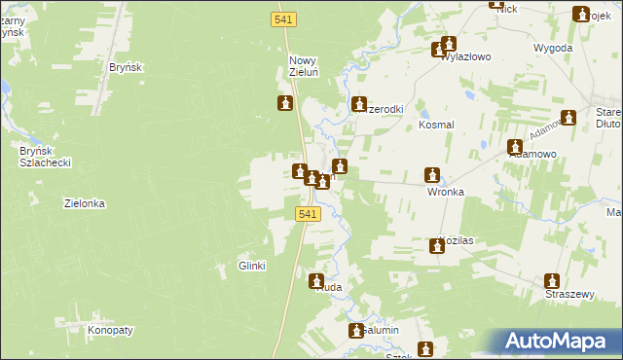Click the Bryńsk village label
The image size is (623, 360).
point(127,67)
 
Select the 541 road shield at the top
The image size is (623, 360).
point(283,18)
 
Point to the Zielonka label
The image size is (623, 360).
point(84,204)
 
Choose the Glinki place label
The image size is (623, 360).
point(252,266)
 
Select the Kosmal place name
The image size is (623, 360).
point(436,126)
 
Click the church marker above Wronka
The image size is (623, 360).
point(432,176)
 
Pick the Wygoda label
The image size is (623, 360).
point(552,48)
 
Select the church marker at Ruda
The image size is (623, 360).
point(317,282)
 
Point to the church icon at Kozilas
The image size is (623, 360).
point(436,247)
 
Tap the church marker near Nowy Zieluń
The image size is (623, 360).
point(285,103)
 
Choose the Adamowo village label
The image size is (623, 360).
point(531,154)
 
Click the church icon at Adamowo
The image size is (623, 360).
point(516,148)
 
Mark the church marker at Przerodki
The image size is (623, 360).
point(358,104)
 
